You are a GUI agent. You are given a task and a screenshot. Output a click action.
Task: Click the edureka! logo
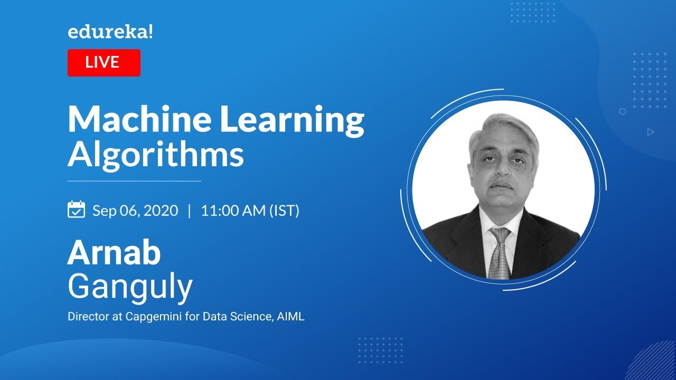[110, 33]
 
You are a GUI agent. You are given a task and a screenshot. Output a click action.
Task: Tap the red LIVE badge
[104, 63]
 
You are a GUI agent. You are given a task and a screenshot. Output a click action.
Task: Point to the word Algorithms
[156, 155]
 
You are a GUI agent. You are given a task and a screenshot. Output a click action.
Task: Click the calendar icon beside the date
[77, 210]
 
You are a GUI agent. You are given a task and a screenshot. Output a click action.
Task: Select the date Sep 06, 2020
[135, 211]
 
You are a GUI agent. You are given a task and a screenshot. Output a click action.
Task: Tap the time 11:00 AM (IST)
[250, 211]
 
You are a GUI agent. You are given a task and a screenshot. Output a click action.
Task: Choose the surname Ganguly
[130, 288]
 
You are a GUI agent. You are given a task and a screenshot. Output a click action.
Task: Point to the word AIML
[291, 317]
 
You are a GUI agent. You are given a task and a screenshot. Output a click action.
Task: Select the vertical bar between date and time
[190, 211]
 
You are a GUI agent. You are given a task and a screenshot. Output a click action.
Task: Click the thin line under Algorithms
[134, 181]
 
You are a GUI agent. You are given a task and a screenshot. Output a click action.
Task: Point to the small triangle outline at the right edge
[651, 132]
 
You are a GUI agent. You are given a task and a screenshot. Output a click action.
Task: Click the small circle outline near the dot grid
[623, 111]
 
